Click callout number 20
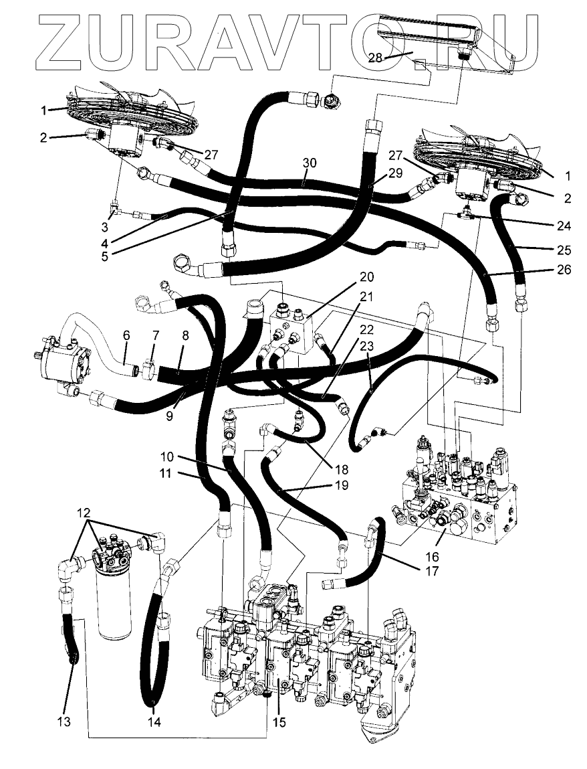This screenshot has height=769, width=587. pyautogui.click(x=367, y=276)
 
